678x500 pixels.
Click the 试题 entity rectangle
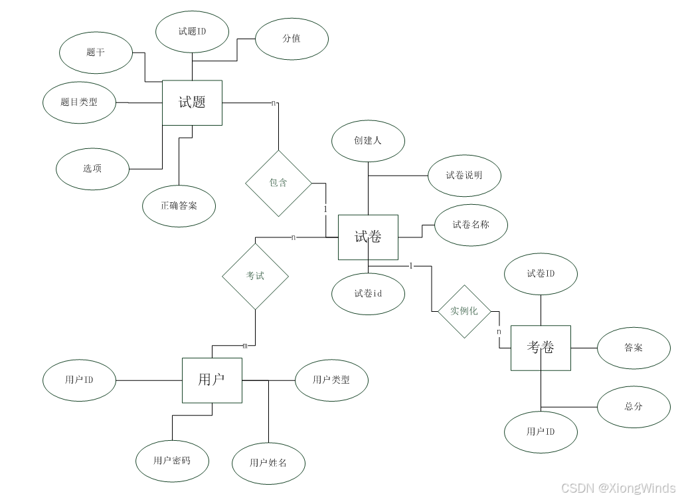[192, 102]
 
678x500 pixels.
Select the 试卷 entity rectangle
[368, 237]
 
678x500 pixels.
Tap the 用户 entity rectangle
[212, 380]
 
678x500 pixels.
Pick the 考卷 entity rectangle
[541, 347]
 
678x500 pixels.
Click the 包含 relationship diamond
[278, 183]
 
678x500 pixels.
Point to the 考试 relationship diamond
[255, 275]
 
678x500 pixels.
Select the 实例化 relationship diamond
[464, 311]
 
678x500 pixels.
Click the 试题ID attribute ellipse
[192, 31]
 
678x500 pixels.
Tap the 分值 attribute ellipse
[292, 39]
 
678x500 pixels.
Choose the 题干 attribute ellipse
[96, 52]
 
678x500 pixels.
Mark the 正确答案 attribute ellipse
[179, 205]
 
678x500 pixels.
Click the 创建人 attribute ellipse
[368, 140]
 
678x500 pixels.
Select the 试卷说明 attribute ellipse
[464, 176]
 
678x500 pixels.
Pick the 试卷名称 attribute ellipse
[471, 225]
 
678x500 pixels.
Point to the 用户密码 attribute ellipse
[172, 460]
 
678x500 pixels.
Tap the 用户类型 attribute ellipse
[331, 380]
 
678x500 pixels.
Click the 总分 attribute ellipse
[634, 406]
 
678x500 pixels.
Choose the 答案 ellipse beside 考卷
[634, 348]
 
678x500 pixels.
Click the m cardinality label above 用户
[244, 346]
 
